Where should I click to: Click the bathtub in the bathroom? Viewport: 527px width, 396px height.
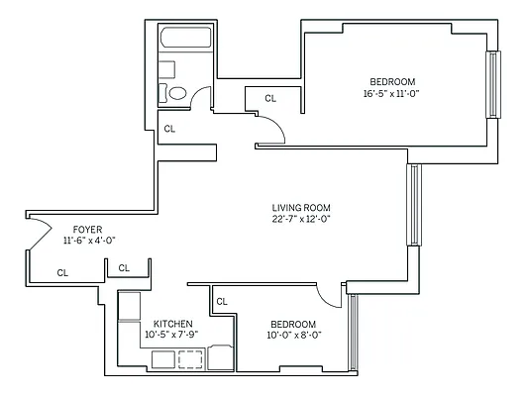point(186,42)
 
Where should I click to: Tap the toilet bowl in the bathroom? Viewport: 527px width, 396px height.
point(177,94)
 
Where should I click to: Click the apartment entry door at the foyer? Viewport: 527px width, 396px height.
point(38,236)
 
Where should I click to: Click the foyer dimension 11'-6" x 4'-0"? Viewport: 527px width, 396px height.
point(90,241)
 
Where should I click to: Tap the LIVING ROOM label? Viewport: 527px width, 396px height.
point(300,208)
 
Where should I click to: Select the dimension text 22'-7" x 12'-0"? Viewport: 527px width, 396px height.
point(300,220)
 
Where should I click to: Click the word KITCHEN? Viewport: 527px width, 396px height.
point(173,324)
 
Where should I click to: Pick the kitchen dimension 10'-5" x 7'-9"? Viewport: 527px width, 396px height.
point(173,336)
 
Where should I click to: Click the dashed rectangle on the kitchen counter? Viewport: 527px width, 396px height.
point(190,359)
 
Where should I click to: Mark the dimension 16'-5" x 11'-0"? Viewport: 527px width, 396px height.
point(392,94)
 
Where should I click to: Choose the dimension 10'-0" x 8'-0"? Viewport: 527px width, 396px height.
point(293,336)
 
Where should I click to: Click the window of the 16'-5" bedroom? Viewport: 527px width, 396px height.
point(490,84)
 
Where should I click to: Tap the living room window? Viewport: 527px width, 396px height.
point(414,205)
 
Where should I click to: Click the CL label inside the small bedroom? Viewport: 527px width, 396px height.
point(222,302)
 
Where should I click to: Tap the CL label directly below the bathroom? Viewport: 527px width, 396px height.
point(169,129)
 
